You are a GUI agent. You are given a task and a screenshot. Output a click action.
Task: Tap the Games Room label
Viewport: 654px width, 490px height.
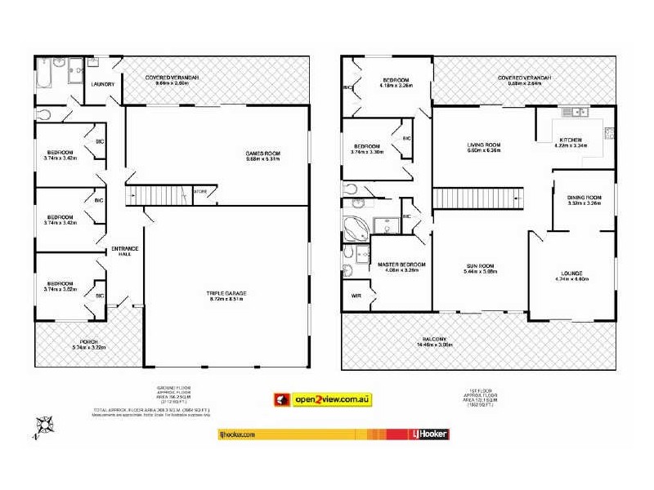(x=262, y=154)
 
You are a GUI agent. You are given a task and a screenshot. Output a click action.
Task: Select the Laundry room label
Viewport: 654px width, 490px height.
(x=102, y=83)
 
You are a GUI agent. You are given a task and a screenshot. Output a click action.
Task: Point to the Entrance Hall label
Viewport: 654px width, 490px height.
(x=125, y=251)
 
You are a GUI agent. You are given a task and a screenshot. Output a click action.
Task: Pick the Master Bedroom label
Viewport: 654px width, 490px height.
(x=401, y=265)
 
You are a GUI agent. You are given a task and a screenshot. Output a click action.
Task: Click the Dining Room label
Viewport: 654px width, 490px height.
(x=584, y=198)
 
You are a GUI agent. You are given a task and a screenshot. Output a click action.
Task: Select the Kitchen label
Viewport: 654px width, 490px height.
(x=571, y=140)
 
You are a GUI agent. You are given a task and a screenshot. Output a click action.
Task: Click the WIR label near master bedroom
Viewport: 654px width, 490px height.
(x=356, y=295)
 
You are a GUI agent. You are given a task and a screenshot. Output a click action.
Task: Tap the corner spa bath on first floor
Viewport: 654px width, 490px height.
(x=355, y=228)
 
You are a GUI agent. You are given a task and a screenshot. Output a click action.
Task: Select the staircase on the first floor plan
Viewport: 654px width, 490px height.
(x=477, y=198)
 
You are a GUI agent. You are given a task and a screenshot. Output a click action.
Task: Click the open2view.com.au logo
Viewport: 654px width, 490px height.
(x=323, y=399)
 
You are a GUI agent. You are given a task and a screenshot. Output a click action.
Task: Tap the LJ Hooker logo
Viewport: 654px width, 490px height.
(x=428, y=434)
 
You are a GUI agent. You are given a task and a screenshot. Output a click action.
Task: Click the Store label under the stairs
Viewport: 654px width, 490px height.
(x=200, y=192)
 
